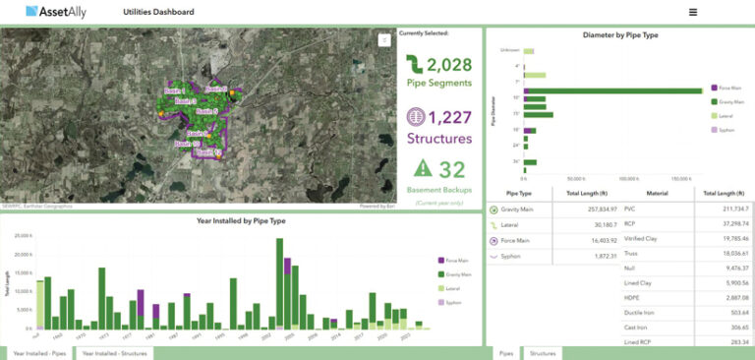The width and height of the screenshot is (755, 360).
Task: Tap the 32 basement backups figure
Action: [452, 168]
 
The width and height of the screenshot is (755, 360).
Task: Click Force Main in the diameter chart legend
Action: [730, 88]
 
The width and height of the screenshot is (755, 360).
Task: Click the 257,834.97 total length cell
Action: [597, 209]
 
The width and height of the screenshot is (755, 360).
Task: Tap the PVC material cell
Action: [630, 209]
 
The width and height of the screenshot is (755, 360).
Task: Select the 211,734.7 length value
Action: [733, 209]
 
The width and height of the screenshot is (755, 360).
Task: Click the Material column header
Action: [657, 193]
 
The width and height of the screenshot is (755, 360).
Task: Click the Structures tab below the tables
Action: [542, 351]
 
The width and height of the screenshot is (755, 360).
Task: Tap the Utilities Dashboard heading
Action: [158, 12]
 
